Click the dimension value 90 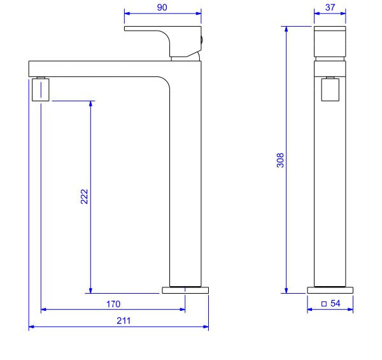coord(162,7)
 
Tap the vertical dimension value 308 coord(280,161)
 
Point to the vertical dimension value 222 coord(84,196)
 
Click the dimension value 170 coord(113,304)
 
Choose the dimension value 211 coord(123,320)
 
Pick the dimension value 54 coord(336,304)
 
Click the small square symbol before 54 coord(324,304)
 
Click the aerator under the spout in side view coord(39,90)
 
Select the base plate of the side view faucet coord(185,290)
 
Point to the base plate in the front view coord(330,290)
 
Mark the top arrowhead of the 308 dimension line coord(286,29)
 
